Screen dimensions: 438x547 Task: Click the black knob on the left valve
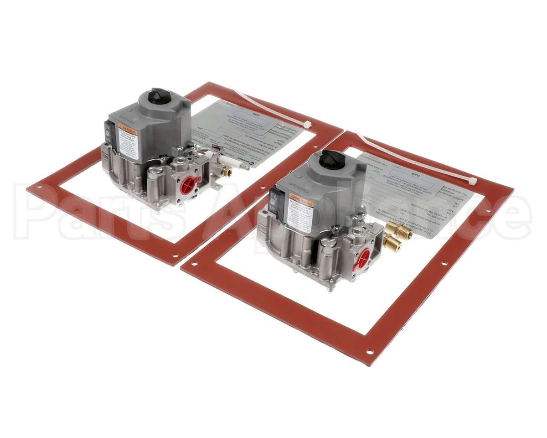pos(160,96)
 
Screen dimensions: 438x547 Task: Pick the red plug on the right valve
pos(363,259)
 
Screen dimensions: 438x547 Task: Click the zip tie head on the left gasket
pos(308,124)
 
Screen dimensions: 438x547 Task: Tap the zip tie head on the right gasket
pos(472,182)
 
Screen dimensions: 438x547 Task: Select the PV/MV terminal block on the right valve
pos(274,202)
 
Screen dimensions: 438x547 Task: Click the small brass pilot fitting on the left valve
pos(225,172)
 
